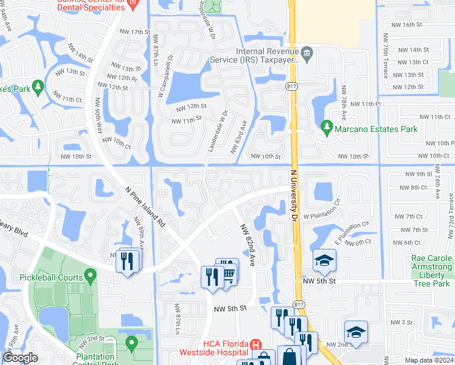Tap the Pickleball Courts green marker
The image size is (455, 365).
coord(90,278)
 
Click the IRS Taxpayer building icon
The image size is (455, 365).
coord(307,54)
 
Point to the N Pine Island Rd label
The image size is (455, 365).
coord(145,207)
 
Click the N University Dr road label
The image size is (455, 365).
coord(294,195)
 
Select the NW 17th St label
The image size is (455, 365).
coord(134,32)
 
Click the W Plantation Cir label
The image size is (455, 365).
coord(325,216)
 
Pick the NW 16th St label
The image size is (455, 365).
coord(407,24)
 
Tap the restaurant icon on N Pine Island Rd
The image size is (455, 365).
coord(127,262)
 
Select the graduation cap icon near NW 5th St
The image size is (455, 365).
coord(324,261)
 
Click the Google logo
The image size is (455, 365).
coord(20,357)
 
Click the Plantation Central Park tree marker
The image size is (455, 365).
coord(131,344)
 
